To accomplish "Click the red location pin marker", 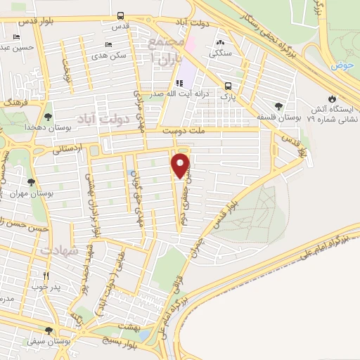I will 181,166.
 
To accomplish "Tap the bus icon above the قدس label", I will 121,15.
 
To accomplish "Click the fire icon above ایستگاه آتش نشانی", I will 331,98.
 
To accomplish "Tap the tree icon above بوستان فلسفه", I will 280,105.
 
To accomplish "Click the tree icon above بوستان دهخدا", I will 48,117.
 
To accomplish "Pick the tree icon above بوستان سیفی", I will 48,330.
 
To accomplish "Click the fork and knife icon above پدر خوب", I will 46,276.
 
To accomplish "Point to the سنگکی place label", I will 226,52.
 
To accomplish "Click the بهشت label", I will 129,328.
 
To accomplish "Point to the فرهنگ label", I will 12,102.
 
